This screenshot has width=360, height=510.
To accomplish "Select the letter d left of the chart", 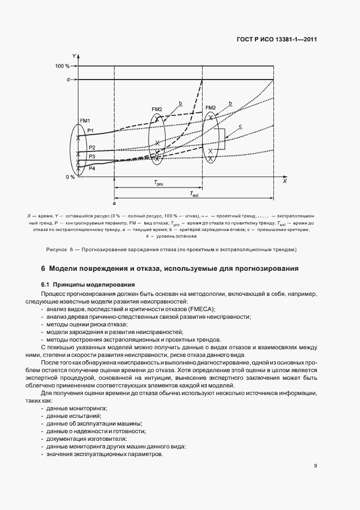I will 68,80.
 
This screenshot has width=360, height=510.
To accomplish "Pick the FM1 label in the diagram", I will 85,120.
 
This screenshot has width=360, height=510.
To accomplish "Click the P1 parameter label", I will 91,130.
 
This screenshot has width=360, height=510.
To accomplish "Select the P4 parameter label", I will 91,169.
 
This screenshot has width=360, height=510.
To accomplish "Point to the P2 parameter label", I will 91,148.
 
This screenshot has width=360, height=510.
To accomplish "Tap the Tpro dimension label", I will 158,184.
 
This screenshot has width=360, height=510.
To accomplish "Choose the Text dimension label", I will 194,193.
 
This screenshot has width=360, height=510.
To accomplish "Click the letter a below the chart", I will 114,203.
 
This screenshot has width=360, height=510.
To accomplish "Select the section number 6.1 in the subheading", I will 45,284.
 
